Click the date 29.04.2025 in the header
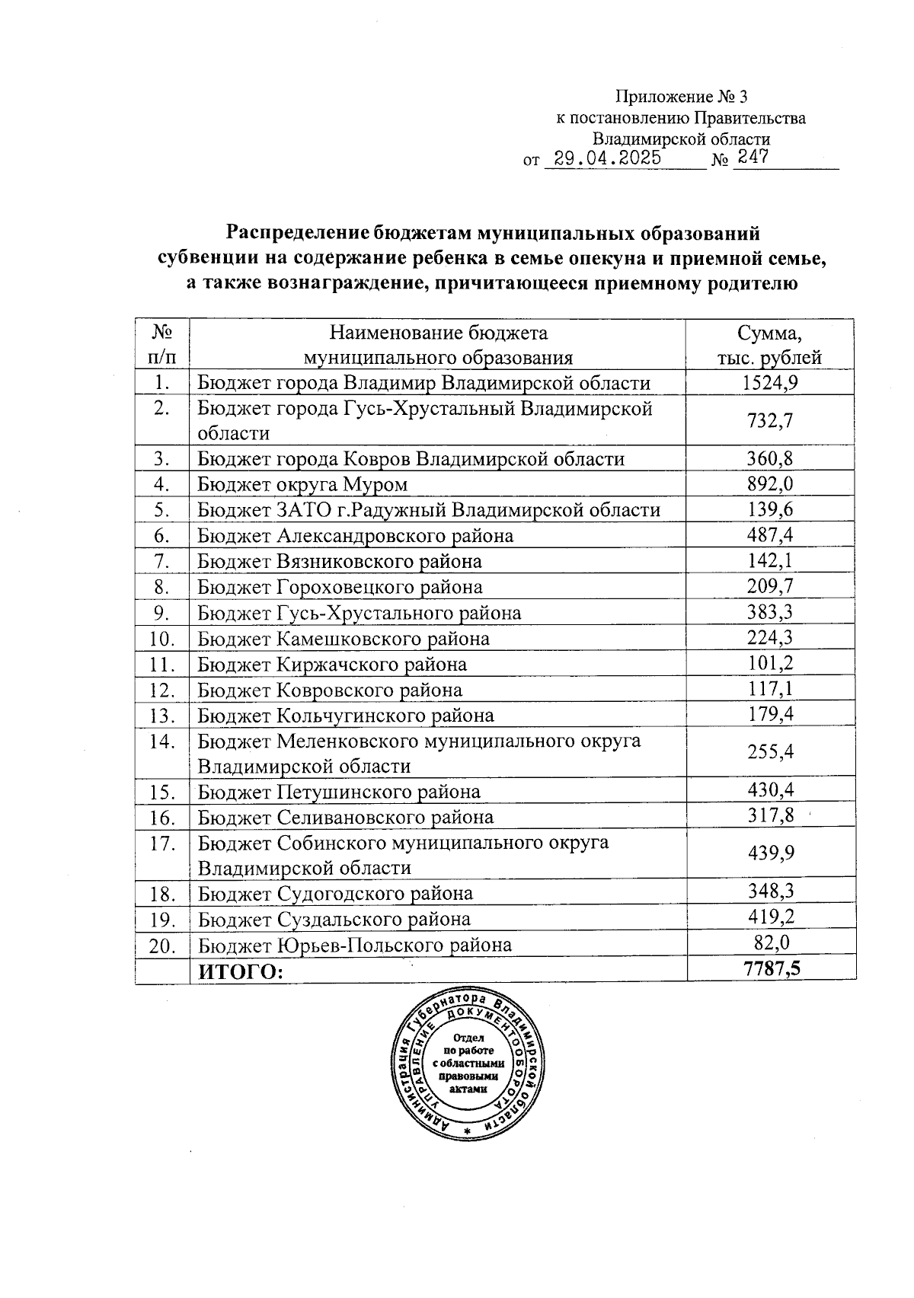click(606, 158)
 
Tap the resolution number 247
click(749, 158)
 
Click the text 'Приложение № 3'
click(682, 97)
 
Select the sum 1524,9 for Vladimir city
click(770, 382)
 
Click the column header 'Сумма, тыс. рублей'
click(770, 345)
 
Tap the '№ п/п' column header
click(161, 345)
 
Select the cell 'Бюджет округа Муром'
click(302, 484)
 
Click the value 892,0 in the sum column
click(770, 483)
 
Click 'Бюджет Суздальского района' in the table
click(334, 919)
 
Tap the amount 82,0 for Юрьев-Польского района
click(770, 943)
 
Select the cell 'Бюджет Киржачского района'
click(332, 664)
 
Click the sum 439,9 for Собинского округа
click(770, 853)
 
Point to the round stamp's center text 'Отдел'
click(468, 1038)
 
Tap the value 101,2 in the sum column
click(770, 663)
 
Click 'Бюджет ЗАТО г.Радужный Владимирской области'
click(429, 510)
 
